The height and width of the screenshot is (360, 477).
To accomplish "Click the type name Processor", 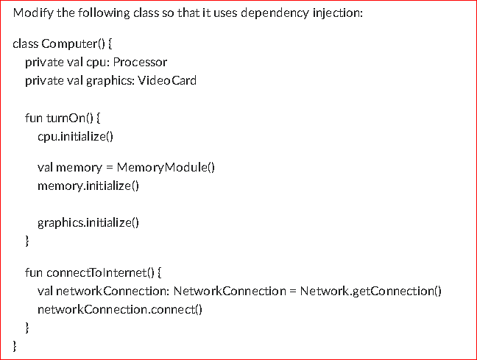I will [140, 62].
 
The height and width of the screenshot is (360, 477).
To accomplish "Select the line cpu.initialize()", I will [75, 136].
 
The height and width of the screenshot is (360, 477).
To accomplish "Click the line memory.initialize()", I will [88, 186].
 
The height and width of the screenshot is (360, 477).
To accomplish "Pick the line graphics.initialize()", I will [88, 223].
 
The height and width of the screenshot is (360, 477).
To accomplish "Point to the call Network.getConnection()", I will [370, 291].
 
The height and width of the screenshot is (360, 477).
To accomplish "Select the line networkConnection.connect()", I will [119, 309].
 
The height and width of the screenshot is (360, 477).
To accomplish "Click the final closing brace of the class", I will [15, 344].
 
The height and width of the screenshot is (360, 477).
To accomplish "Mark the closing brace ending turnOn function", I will [27, 240].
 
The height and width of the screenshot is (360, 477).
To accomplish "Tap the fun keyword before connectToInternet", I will [34, 272].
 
